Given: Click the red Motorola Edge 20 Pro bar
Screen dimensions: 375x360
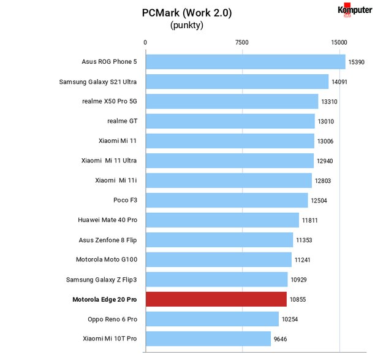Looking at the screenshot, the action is point(216,299).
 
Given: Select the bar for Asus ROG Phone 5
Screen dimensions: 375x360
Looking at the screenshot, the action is point(246,62).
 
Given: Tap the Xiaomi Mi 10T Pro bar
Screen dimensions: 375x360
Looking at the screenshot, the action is point(208,339).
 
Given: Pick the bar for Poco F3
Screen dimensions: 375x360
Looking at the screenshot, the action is point(227,200).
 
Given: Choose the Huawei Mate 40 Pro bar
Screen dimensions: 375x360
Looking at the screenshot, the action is point(222,220).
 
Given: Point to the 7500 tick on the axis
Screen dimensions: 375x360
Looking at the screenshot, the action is point(242,42).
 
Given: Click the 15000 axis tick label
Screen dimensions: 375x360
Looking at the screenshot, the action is point(339,42).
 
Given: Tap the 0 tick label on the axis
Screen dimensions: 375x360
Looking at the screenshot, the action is point(145,42).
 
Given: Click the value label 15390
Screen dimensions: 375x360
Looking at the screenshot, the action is point(357,62).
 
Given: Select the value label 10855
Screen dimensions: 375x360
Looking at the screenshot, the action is point(298,299).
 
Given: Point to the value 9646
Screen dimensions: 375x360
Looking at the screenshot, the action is point(280,339).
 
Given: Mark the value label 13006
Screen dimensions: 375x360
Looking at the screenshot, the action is point(325,141).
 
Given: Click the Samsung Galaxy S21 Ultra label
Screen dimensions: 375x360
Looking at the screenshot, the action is point(98,82).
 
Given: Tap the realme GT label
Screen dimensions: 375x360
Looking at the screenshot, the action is point(122,121).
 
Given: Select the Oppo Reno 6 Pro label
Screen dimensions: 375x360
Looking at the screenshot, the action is point(112,320).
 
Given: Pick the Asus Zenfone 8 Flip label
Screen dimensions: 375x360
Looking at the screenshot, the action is point(108,240).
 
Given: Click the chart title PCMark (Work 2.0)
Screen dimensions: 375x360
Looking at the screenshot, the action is point(187,13).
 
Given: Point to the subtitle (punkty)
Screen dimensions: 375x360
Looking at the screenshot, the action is point(187,25).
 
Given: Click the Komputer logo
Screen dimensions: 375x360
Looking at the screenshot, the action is point(355,10).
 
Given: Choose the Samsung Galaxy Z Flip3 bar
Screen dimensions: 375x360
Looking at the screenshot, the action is point(217,279).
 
